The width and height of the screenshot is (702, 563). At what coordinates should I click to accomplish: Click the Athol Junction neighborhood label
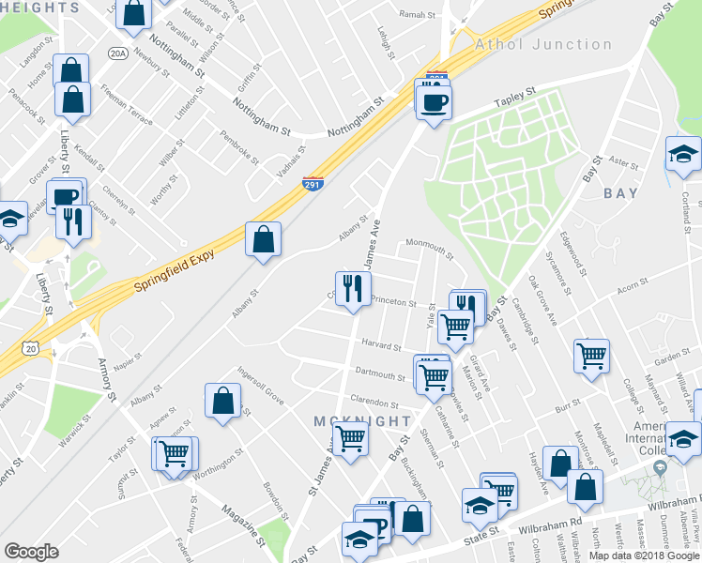tap(543, 44)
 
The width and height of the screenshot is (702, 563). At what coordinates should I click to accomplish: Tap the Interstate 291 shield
tap(313, 183)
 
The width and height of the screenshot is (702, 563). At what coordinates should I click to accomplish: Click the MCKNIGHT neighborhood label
tap(362, 421)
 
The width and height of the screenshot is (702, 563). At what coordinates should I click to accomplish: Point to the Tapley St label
tap(515, 94)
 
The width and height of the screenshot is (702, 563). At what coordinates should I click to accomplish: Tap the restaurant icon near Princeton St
tap(353, 289)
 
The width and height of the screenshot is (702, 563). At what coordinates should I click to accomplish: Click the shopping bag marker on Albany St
tap(263, 239)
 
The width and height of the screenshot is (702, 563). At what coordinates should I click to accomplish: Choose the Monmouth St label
tap(429, 248)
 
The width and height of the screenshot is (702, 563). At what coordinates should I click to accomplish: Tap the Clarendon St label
tap(374, 402)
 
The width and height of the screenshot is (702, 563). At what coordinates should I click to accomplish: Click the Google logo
tap(31, 552)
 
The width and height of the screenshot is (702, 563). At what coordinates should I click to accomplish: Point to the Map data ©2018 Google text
tap(643, 555)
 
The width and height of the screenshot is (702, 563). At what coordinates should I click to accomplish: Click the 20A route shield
tap(116, 53)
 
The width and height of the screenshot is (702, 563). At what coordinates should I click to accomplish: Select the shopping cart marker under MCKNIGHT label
tap(350, 437)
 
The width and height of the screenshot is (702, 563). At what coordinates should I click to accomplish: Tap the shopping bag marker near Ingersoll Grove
tap(222, 402)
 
